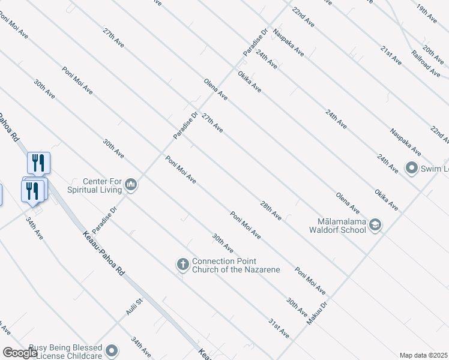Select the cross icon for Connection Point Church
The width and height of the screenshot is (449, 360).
pyautogui.click(x=183, y=264)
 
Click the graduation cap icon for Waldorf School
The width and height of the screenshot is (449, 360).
pyautogui.click(x=375, y=225)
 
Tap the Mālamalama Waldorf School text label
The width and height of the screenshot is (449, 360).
pyautogui.click(x=337, y=225)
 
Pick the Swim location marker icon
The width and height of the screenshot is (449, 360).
pyautogui.click(x=411, y=167)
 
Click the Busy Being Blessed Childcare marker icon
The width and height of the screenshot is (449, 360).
pyautogui.click(x=111, y=350)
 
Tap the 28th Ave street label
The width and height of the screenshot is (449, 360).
pyautogui.click(x=271, y=209)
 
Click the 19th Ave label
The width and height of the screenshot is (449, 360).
pyautogui.click(x=427, y=14)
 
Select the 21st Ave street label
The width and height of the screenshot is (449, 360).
pyautogui.click(x=391, y=55)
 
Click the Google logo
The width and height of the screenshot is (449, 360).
pyautogui.click(x=20, y=353)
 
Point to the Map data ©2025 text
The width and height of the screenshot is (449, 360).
pyautogui.click(x=423, y=355)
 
